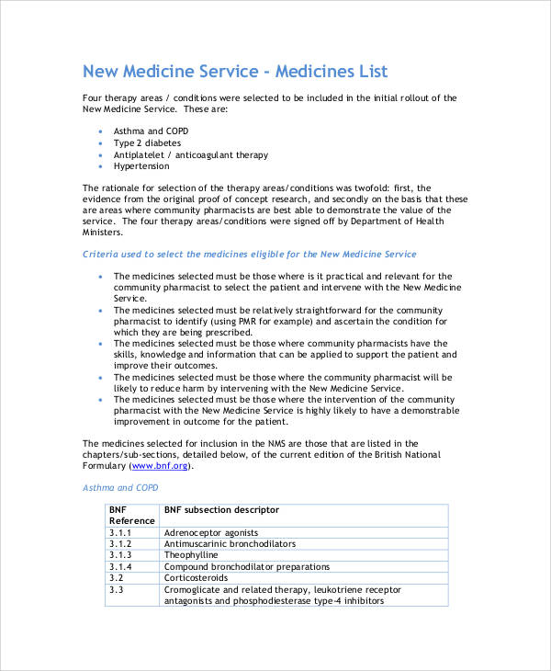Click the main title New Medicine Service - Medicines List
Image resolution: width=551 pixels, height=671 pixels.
pyautogui.click(x=235, y=71)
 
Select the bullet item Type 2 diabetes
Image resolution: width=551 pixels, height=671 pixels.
pyautogui.click(x=147, y=143)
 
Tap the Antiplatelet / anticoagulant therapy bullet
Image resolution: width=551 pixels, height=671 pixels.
pyautogui.click(x=191, y=155)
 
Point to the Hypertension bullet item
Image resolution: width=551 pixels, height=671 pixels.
pyautogui.click(x=141, y=166)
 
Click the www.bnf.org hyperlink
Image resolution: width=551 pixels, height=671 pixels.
pyautogui.click(x=161, y=466)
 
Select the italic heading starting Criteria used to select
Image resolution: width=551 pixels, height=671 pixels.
pyautogui.click(x=249, y=254)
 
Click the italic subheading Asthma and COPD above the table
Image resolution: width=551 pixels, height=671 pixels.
pyautogui.click(x=120, y=488)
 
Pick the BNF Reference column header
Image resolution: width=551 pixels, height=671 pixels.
pyautogui.click(x=131, y=515)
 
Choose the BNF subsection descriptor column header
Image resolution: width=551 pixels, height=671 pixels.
pyautogui.click(x=221, y=509)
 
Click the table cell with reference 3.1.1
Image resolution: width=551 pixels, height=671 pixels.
pyautogui.click(x=120, y=532)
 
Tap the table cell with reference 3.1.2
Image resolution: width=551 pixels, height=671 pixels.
pyautogui.click(x=120, y=544)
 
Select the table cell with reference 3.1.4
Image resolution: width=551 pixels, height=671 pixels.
pyautogui.click(x=120, y=567)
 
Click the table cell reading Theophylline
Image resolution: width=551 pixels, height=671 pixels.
pyautogui.click(x=192, y=555)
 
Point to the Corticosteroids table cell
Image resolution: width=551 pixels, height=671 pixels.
pyautogui.click(x=196, y=578)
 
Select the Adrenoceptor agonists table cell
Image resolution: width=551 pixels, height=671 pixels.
pyautogui.click(x=210, y=532)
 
